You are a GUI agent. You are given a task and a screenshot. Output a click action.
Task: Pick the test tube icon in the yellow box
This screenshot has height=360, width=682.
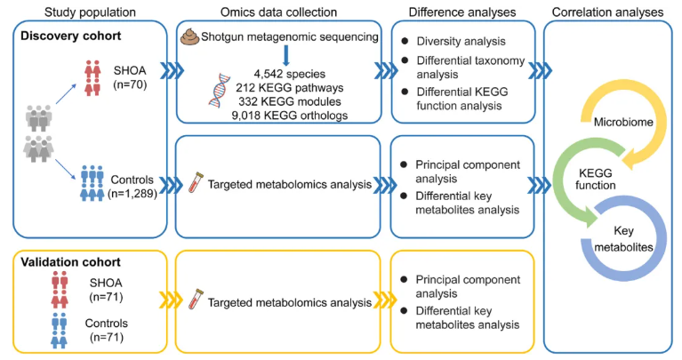click(193, 302)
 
